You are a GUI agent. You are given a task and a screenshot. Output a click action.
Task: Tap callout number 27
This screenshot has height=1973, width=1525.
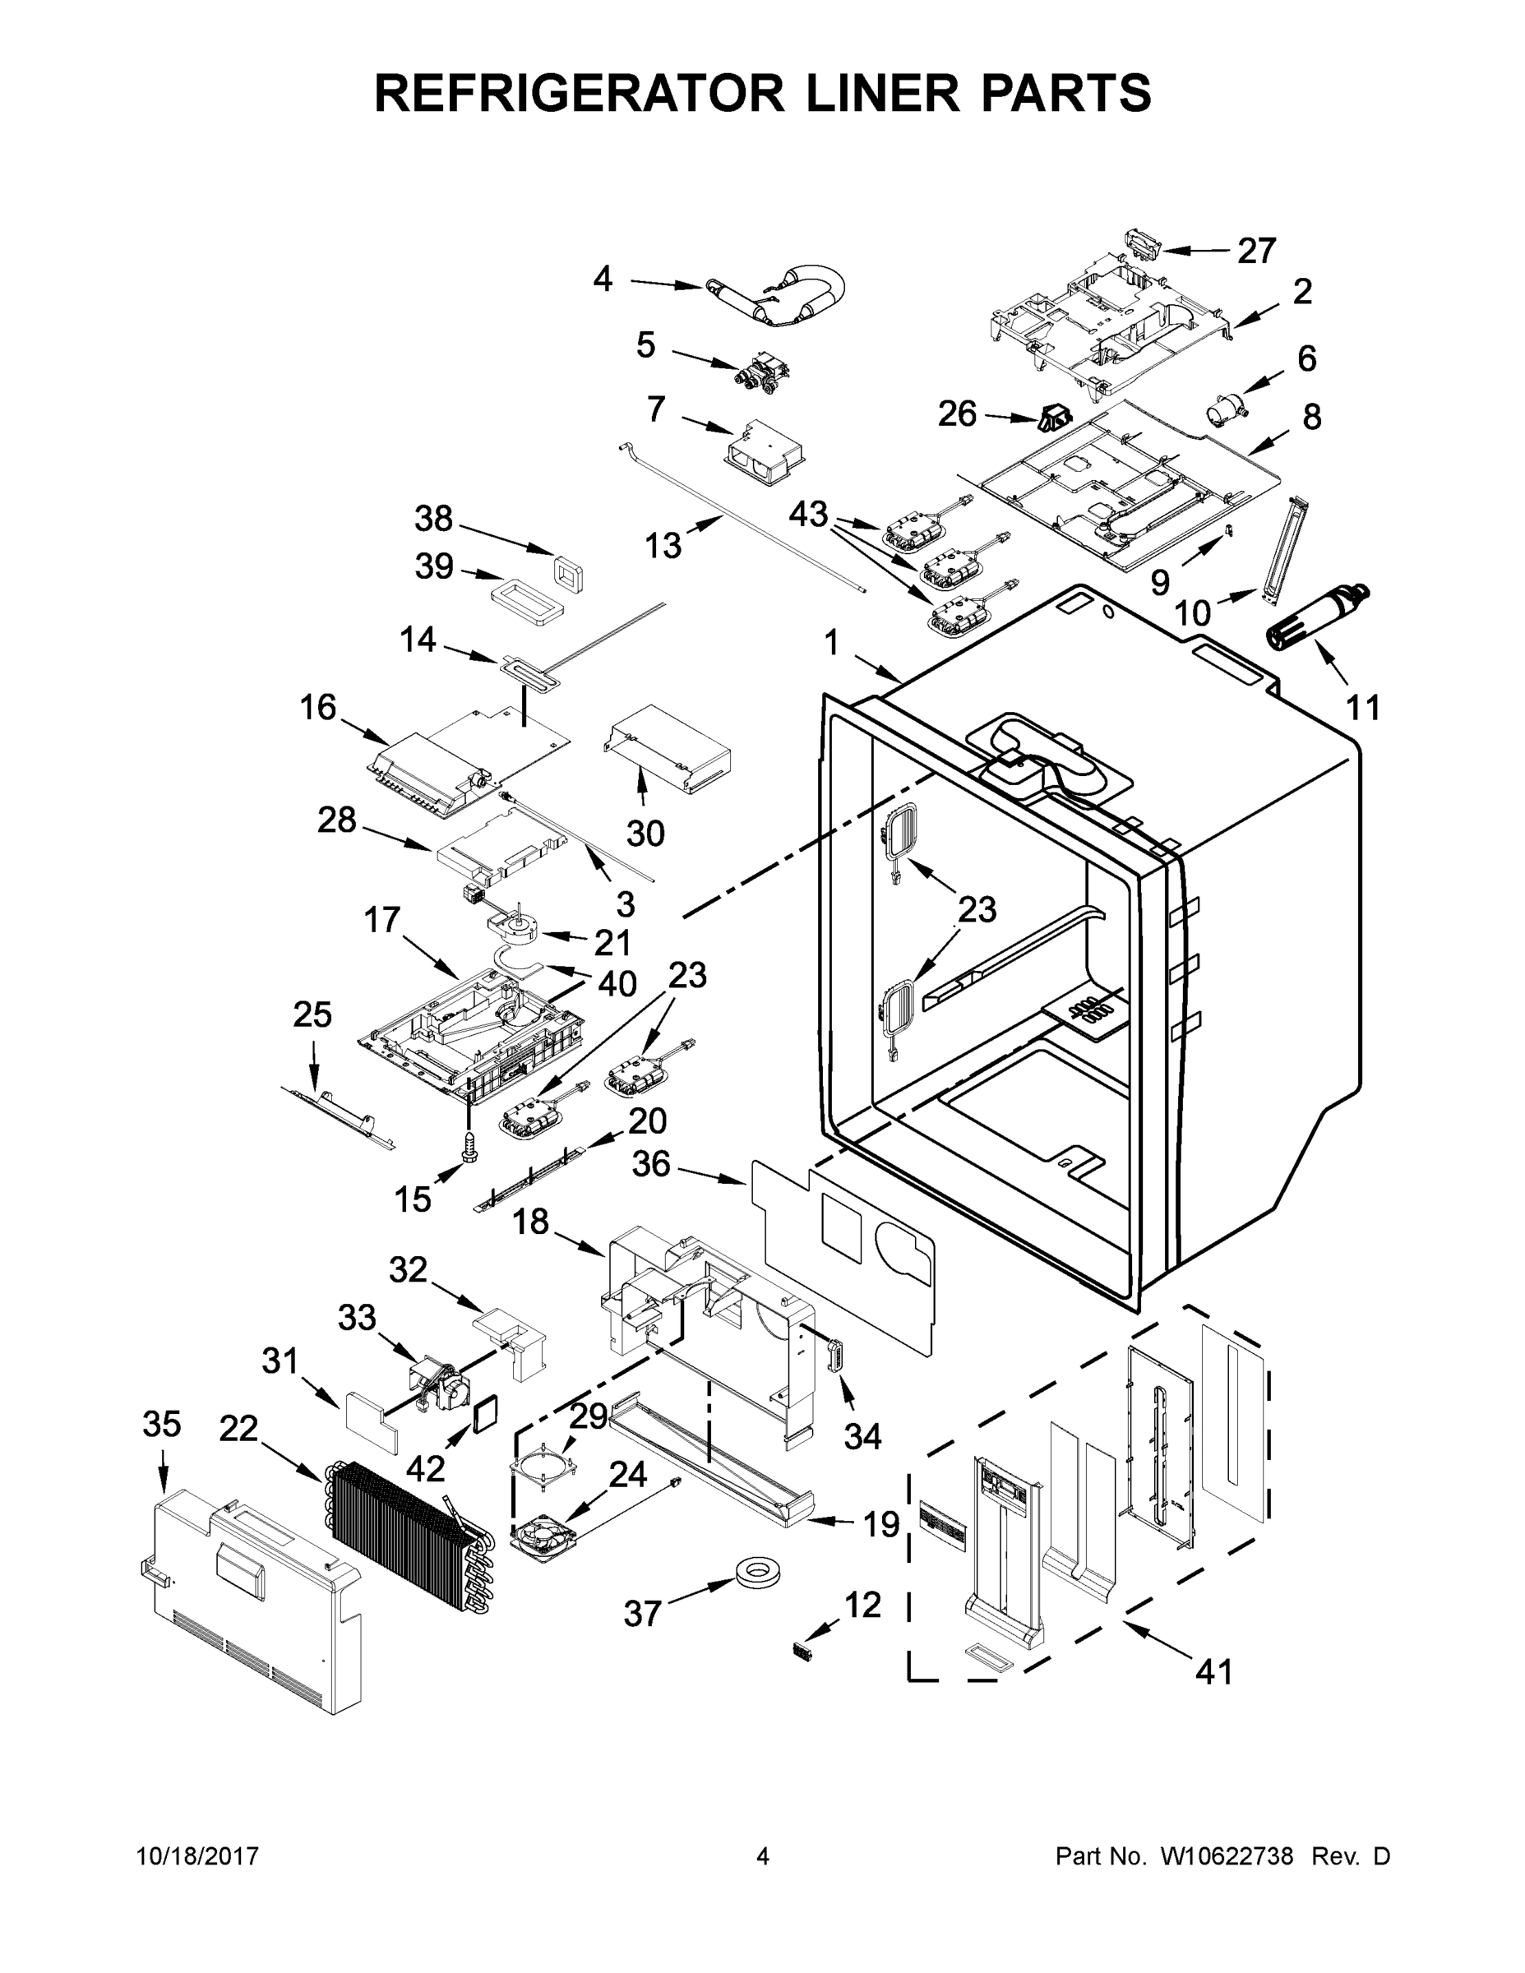tap(1257, 250)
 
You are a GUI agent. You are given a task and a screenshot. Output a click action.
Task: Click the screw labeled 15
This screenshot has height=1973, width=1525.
tap(468, 1148)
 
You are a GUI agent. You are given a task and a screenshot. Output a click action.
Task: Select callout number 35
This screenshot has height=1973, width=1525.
tap(162, 1424)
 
